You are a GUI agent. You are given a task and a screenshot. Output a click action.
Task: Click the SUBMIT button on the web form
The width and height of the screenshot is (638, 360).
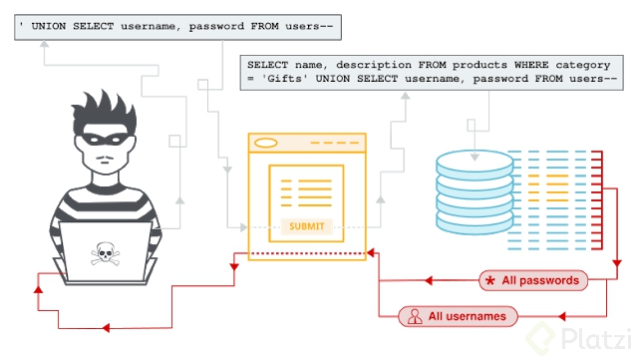click(306, 226)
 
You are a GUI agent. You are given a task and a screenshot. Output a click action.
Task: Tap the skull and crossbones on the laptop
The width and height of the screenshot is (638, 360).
click(102, 254)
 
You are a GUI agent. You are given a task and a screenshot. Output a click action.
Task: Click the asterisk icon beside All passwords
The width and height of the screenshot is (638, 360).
click(489, 280)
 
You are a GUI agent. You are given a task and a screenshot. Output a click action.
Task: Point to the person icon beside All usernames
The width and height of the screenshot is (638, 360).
click(413, 316)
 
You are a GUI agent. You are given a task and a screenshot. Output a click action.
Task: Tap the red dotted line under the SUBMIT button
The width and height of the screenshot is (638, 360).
click(306, 252)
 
